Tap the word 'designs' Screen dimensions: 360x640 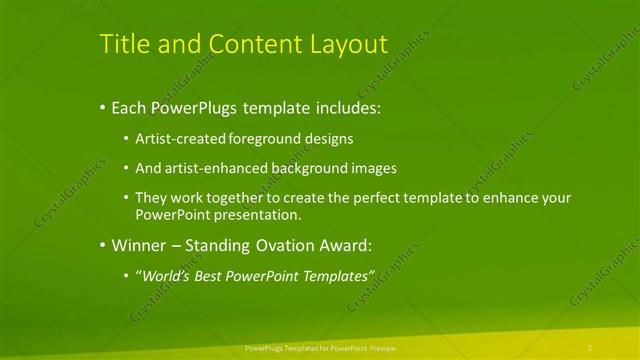pos(330,138)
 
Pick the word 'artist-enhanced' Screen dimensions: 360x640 pos(215,168)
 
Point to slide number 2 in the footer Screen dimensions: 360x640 pos(590,347)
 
